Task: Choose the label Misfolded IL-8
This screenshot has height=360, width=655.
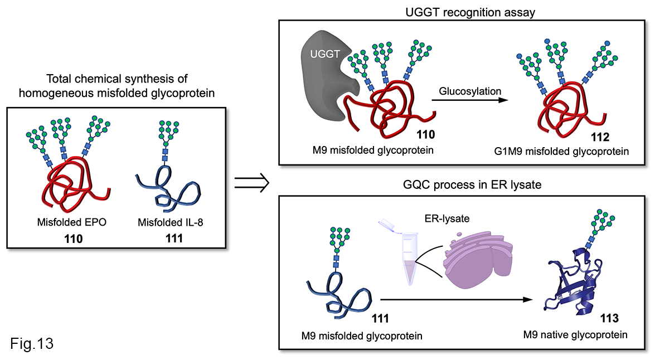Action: point(166,222)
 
